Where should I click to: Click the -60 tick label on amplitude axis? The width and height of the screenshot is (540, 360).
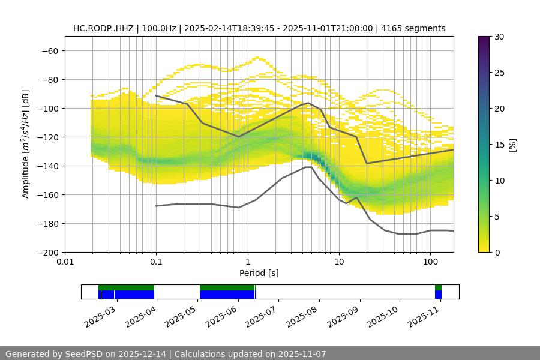click(x=49, y=50)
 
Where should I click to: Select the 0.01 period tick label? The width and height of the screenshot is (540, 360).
click(x=65, y=262)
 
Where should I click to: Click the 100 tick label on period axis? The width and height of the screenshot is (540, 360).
click(x=430, y=262)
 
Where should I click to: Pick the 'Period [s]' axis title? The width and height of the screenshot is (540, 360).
click(x=259, y=273)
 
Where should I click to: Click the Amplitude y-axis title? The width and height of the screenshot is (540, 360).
click(x=26, y=144)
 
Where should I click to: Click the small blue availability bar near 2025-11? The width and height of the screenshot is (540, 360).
click(x=438, y=295)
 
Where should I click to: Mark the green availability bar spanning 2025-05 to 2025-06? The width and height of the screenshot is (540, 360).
click(x=227, y=287)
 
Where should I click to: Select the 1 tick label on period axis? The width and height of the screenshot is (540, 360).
click(x=248, y=262)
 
